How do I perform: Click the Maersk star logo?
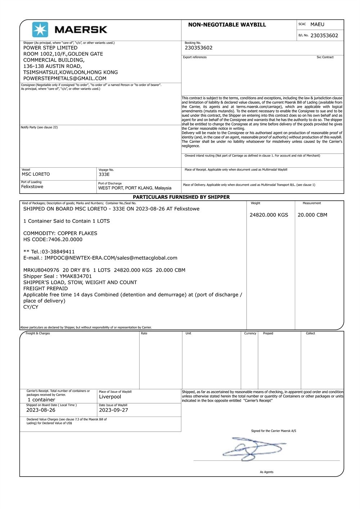(x=40, y=29)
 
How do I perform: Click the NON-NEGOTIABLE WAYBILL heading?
(x=227, y=25)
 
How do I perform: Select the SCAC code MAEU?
(x=317, y=24)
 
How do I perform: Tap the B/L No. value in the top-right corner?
(x=324, y=36)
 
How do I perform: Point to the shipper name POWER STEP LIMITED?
(x=50, y=48)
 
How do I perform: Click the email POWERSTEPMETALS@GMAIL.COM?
(x=65, y=78)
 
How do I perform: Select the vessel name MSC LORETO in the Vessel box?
(x=36, y=174)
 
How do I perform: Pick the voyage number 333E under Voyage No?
(x=104, y=174)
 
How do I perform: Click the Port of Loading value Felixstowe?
(x=32, y=187)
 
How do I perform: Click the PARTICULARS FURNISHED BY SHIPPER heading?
(x=181, y=197)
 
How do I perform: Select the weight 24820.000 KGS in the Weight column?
(x=269, y=215)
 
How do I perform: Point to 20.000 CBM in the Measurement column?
(x=312, y=215)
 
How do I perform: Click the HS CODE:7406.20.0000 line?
(x=53, y=240)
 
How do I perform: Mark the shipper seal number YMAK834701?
(x=76, y=276)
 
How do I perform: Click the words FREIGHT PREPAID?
(x=45, y=288)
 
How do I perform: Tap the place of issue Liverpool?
(x=110, y=397)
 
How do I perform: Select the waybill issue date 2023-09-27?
(x=113, y=410)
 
